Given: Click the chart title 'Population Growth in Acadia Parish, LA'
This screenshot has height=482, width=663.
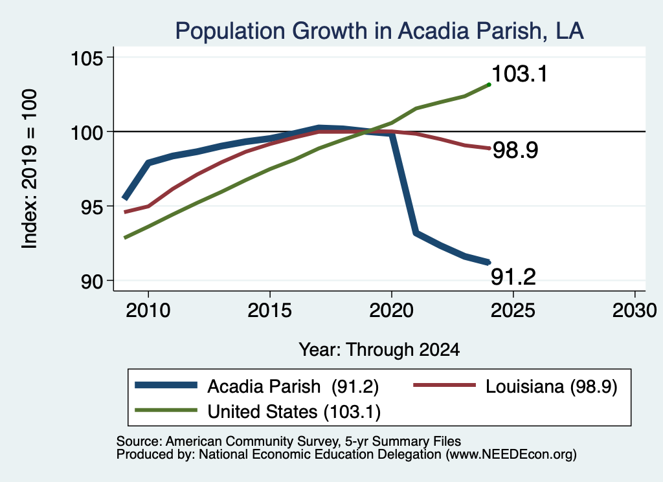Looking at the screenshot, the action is click(x=379, y=31).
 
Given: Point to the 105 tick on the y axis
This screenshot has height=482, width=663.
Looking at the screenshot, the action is click(x=87, y=58).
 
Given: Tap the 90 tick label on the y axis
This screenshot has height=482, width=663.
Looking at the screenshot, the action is click(x=92, y=281).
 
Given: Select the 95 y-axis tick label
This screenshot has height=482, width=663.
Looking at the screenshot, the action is click(x=92, y=206).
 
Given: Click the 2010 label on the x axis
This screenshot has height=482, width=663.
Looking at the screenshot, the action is click(x=148, y=311).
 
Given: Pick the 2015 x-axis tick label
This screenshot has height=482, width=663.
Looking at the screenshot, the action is click(x=270, y=311).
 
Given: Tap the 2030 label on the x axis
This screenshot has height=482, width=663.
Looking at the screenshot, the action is click(x=635, y=311).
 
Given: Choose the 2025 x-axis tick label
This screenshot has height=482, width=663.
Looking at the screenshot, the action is click(x=513, y=311).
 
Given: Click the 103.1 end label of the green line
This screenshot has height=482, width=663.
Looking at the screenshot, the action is click(x=520, y=74).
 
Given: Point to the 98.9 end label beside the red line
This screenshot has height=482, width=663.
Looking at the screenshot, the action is click(x=515, y=150).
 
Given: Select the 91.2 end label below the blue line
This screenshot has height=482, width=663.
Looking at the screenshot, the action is click(x=513, y=277).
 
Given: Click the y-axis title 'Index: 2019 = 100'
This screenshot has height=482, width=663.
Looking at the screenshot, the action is click(x=30, y=169).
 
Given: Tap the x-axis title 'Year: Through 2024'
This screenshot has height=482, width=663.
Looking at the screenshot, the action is click(x=379, y=350).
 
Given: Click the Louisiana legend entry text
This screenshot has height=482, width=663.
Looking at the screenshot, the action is click(x=552, y=386).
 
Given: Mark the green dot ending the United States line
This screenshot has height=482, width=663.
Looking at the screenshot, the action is click(x=489, y=85).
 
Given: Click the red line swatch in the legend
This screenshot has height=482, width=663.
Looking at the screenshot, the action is click(x=444, y=385).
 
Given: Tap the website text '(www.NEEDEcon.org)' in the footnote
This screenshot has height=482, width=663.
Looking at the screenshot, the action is click(x=511, y=455).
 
